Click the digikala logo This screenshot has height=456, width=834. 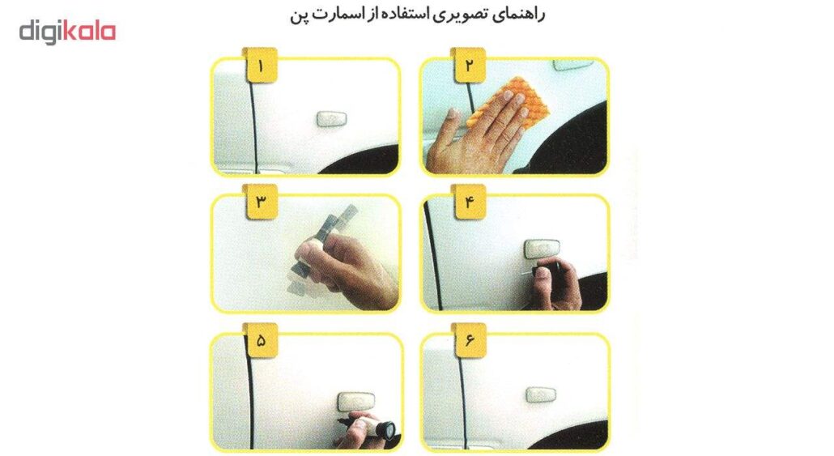pyautogui.click(x=67, y=32)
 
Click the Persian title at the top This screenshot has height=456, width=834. pyautogui.click(x=418, y=15)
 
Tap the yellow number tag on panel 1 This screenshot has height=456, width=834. pyautogui.click(x=260, y=66)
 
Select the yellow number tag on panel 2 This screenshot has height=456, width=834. pyautogui.click(x=469, y=66)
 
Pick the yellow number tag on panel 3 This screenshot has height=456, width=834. pyautogui.click(x=260, y=202)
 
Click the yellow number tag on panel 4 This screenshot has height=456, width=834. pyautogui.click(x=469, y=202)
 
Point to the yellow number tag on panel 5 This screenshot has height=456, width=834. pyautogui.click(x=260, y=340)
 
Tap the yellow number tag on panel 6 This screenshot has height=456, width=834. pyautogui.click(x=469, y=340)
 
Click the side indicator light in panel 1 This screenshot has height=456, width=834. pyautogui.click(x=331, y=118)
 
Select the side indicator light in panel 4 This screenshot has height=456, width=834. pyautogui.click(x=542, y=249)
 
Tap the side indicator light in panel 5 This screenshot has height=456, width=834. pyautogui.click(x=355, y=401)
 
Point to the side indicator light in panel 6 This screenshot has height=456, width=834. pyautogui.click(x=541, y=394)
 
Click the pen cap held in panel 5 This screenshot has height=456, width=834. pyautogui.click(x=383, y=428)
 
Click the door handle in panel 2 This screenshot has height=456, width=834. pyautogui.click(x=572, y=65)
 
